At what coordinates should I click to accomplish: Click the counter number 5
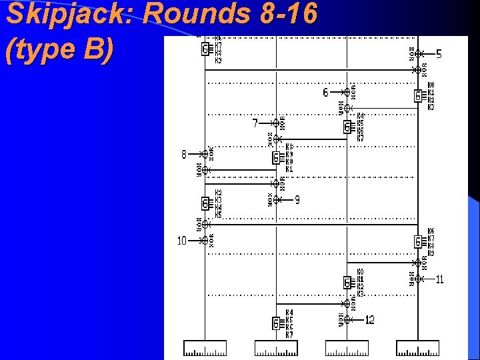tap(439, 53)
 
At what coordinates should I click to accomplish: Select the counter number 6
tap(325, 92)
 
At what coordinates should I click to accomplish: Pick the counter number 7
tap(255, 123)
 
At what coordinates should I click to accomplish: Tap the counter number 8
tap(184, 154)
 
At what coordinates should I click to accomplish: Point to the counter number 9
tap(297, 199)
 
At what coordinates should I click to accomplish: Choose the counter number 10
tap(181, 241)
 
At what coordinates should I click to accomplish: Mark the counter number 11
tap(439, 279)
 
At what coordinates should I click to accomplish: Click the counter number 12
tap(369, 320)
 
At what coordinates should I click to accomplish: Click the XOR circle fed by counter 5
tap(418, 53)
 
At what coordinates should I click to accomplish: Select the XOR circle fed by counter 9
tap(276, 199)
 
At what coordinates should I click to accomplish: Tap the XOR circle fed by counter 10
tap(205, 241)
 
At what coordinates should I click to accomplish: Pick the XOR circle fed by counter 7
tap(276, 123)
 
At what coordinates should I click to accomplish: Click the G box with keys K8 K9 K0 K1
tap(276, 158)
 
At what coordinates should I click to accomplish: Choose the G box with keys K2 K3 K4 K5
tap(205, 203)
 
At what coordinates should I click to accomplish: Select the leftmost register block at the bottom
tap(205, 347)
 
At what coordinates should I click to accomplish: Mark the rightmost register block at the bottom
tap(418, 347)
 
